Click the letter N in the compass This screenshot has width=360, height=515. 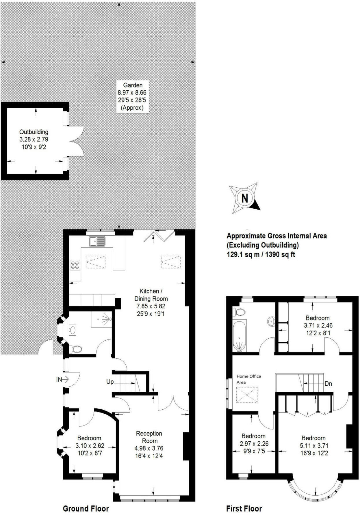(245, 198)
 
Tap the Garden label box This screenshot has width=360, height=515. (133, 96)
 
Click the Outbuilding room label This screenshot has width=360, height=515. (34, 132)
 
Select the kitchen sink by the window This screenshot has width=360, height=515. (97, 241)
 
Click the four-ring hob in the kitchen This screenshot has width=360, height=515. (75, 265)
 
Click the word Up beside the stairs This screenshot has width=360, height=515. (110, 382)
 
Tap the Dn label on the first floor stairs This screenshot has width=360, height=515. (328, 384)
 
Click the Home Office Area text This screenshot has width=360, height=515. (248, 379)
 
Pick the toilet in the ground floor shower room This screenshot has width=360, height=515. (77, 349)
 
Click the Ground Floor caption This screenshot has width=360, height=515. (86, 509)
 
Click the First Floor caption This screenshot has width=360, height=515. (244, 509)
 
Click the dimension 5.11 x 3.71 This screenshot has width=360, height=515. (313, 446)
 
